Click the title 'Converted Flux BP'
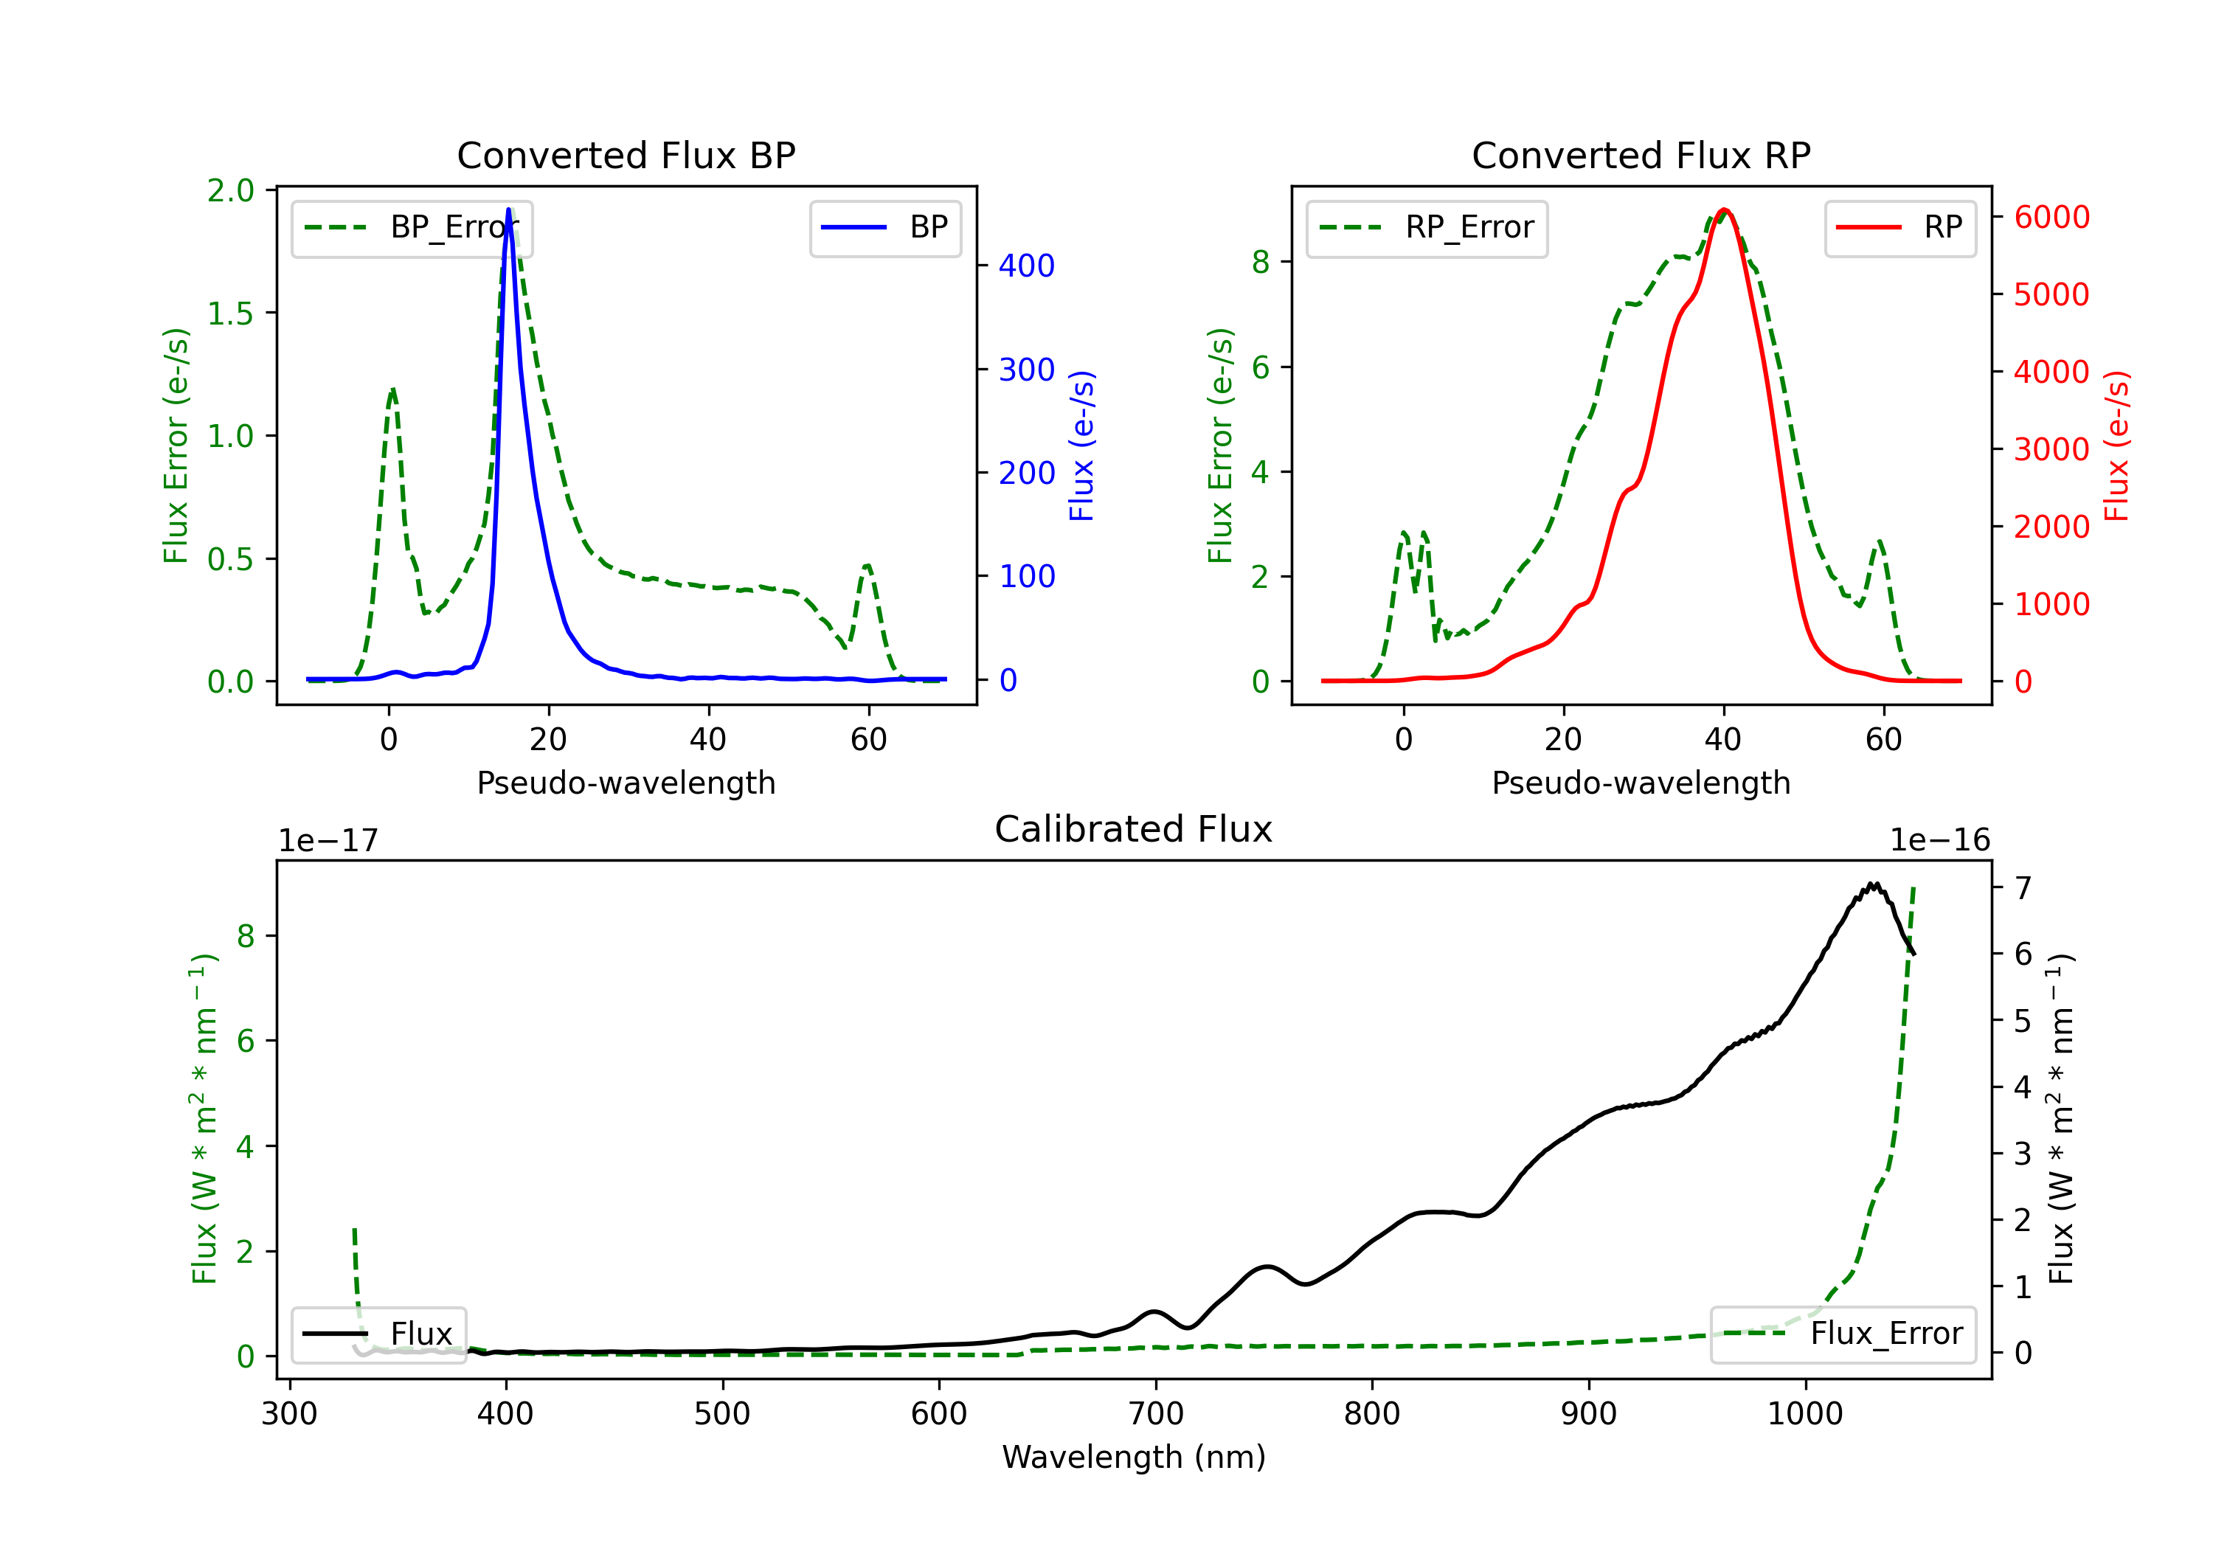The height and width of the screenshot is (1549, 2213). coord(626,155)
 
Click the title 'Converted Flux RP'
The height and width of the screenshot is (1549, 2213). coord(1641,155)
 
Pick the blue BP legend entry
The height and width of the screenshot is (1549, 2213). coord(884,227)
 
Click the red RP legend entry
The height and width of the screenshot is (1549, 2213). coord(1899,227)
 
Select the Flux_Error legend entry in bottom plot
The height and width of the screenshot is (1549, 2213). coord(1842,1334)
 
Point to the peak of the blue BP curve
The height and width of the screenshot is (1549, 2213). coord(508,209)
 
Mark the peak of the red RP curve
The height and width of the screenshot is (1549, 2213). coord(1725,210)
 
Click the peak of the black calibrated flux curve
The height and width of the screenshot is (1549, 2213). coord(1873,884)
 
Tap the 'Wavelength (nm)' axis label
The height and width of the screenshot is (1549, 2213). coord(1134,1457)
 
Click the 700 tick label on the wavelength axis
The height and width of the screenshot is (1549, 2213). coord(1156,1414)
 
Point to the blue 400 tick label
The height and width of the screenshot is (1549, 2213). coord(1027,266)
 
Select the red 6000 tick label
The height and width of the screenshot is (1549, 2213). coord(2052,217)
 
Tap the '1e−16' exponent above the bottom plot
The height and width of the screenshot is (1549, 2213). coord(1939,841)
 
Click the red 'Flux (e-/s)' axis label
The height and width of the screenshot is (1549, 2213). coord(2116,446)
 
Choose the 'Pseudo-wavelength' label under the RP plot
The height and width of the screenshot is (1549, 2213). coord(1641,783)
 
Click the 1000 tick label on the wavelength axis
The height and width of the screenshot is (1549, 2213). coord(1804,1414)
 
